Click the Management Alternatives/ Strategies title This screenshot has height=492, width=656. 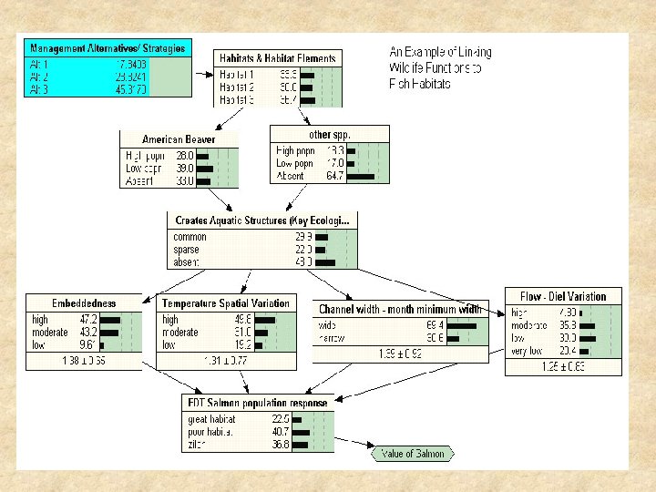click(x=108, y=47)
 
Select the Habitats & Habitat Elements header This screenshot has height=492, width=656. click(x=278, y=58)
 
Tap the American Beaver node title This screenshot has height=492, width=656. click(x=179, y=139)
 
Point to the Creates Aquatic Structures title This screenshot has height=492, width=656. click(x=261, y=220)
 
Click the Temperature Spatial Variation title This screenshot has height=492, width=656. click(x=226, y=303)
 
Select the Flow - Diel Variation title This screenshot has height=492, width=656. click(x=562, y=296)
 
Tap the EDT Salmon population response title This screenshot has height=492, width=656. click(x=258, y=402)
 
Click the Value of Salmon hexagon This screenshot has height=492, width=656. click(x=412, y=454)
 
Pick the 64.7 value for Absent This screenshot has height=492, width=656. click(x=333, y=176)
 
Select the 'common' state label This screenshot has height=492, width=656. click(x=190, y=237)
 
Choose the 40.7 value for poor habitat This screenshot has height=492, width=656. click(x=279, y=431)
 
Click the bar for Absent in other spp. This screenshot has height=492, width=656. click(x=361, y=176)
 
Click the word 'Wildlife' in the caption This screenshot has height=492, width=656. click(x=405, y=68)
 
